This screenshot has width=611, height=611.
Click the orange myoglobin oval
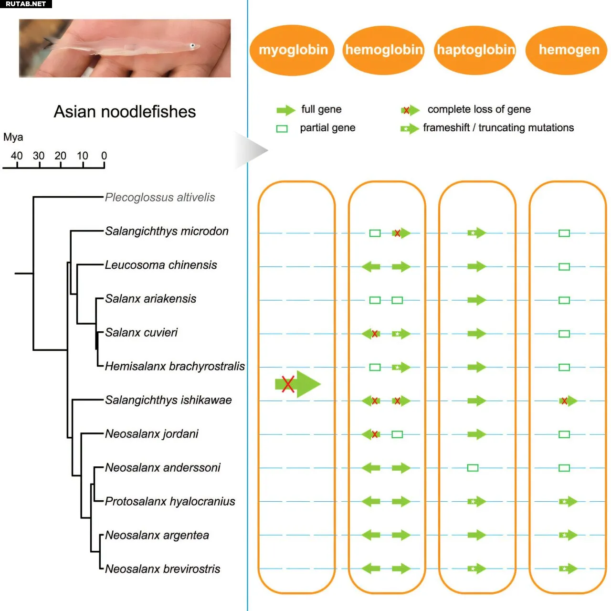tap(292, 50)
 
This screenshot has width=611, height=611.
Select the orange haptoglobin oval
tap(475, 50)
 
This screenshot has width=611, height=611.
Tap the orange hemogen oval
tap(567, 50)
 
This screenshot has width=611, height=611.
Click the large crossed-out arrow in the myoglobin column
tap(297, 384)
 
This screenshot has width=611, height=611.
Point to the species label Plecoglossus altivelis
tap(160, 198)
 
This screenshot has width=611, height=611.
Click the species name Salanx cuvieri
tap(141, 333)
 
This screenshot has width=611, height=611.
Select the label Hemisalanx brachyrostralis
tap(175, 367)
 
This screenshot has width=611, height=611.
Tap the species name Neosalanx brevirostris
tap(162, 569)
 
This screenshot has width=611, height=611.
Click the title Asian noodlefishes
tap(125, 112)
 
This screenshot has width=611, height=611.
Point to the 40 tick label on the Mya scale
tap(17, 156)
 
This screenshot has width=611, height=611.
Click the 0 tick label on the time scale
tap(104, 156)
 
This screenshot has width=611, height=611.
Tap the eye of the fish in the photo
tap(192, 46)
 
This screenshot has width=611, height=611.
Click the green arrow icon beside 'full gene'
tap(285, 110)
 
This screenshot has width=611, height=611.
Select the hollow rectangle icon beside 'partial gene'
tap(282, 129)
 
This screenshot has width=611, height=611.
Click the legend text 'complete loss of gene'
tap(479, 109)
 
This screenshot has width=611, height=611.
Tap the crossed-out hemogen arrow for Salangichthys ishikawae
tap(567, 401)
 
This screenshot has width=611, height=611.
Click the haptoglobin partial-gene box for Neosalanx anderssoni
tap(473, 468)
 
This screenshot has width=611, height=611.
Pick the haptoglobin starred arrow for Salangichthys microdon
tap(476, 233)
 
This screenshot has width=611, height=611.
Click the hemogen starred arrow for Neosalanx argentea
tap(568, 535)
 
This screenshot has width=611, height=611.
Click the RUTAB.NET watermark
tap(26, 4)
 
